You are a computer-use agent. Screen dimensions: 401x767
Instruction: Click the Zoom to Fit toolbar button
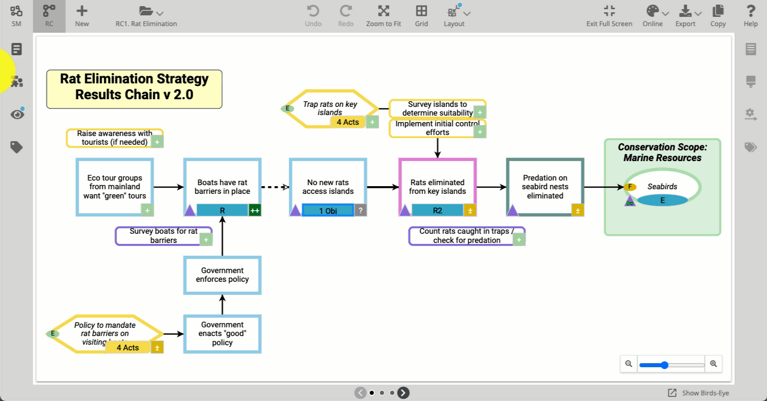coord(383,16)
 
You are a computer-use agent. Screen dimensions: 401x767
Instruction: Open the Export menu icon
coord(685,12)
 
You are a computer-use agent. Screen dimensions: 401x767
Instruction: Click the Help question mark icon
coord(750,12)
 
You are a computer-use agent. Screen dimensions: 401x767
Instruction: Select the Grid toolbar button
coord(421,16)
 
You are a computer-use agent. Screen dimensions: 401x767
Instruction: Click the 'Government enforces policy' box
coord(222,275)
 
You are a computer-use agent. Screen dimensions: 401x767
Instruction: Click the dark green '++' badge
coord(254,210)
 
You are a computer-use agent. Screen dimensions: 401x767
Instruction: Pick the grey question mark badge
coord(360,210)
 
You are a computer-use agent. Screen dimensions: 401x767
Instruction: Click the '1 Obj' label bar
coord(327,210)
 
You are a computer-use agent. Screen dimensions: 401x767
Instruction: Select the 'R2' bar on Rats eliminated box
coord(437,210)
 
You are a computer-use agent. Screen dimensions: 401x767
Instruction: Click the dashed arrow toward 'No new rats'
coord(275,187)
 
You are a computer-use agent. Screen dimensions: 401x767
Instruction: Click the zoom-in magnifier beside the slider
coord(713,364)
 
